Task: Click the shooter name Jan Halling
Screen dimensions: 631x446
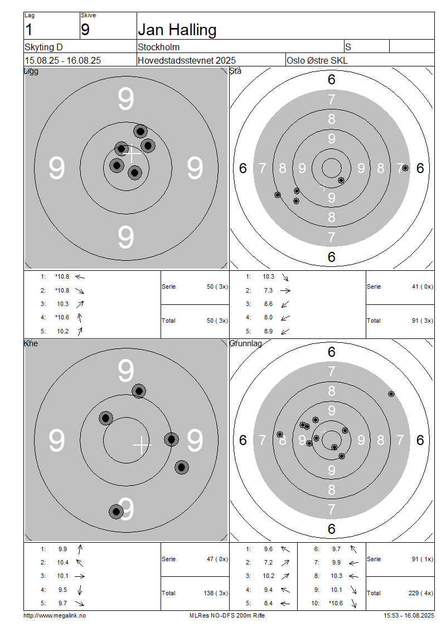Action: pos(177,30)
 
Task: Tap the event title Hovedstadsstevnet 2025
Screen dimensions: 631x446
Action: pos(187,60)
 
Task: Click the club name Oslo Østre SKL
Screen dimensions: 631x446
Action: pos(317,60)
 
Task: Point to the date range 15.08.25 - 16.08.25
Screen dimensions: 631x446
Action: pos(62,60)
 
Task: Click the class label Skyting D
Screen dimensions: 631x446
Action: pos(44,47)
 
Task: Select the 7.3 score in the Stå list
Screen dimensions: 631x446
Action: pos(268,290)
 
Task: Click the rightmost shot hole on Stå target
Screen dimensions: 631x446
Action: pos(405,168)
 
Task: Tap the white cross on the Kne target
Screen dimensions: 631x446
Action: pos(142,444)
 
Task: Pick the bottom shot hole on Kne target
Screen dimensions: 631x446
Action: pos(116,511)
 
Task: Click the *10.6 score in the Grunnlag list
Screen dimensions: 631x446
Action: pos(336,603)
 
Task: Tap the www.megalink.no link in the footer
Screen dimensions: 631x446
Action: pos(55,615)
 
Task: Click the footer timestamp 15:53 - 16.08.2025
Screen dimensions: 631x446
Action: pos(409,615)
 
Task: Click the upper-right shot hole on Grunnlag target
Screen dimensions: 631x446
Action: pos(391,394)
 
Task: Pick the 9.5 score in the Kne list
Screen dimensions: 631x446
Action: pos(62,590)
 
